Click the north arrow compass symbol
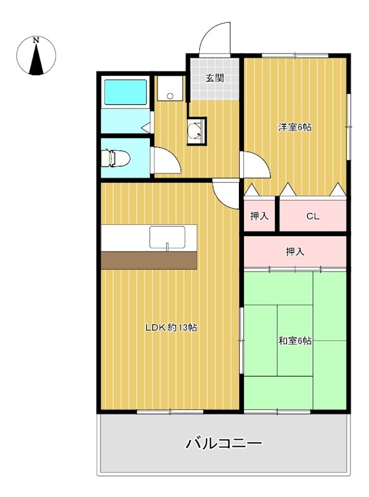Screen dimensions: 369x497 [36, 56]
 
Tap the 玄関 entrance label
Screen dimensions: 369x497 [215, 78]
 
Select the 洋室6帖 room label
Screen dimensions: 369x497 [295, 127]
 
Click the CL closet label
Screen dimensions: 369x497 [312, 216]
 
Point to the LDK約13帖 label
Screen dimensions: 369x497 [171, 327]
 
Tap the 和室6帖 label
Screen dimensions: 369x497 [295, 341]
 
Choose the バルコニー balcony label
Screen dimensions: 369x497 [224, 443]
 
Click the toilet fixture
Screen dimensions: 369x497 [116, 158]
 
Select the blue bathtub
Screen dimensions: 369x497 [126, 92]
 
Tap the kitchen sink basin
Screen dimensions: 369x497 [167, 237]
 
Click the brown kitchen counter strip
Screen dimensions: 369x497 [149, 261]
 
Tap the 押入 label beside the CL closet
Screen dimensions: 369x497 [259, 216]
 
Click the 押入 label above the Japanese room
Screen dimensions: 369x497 [295, 252]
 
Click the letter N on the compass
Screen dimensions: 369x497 [36, 40]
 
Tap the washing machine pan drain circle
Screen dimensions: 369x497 [170, 96]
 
